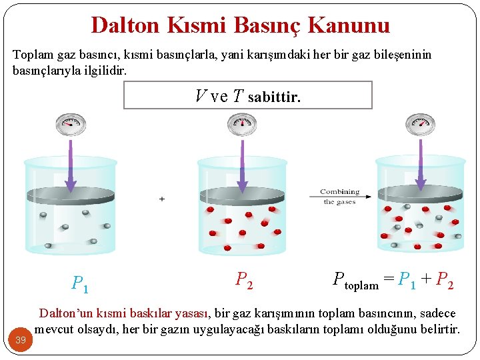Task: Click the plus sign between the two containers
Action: [x=162, y=199]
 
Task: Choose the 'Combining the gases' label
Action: [x=339, y=197]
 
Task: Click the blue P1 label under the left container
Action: [x=81, y=285]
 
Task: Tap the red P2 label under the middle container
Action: [x=244, y=281]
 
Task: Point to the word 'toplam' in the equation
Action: [x=361, y=285]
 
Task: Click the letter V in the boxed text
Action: [x=201, y=97]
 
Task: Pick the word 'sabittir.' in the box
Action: [x=274, y=97]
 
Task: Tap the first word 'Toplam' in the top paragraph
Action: [x=31, y=55]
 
